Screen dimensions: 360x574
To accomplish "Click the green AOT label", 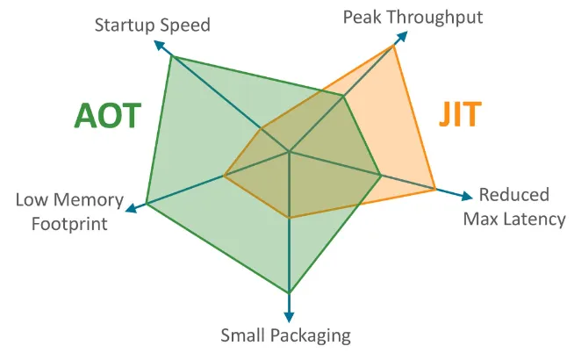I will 107,115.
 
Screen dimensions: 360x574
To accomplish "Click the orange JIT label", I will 461,115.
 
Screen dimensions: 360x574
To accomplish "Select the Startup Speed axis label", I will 152,25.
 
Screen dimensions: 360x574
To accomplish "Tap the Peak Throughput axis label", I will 413,17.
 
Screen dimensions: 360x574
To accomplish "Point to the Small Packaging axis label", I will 285,335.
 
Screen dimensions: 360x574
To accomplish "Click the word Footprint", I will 69,223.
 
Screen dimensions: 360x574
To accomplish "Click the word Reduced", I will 513,195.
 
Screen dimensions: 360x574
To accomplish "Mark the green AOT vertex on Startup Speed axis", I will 172,56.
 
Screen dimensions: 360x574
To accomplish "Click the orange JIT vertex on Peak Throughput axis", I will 394,46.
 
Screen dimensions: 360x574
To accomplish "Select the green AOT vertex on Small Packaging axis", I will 290,292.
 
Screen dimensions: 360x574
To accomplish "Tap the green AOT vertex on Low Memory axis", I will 146,204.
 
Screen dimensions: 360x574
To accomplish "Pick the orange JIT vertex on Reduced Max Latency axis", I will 436,188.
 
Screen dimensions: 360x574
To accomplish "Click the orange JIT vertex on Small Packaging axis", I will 290,217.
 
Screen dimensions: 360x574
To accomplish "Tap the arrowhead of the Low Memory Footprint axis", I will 130,209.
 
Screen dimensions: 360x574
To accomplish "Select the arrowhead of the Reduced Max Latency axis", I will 466,196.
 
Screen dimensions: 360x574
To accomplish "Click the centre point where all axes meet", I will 290,153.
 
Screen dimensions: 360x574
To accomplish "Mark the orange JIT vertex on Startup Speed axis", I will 262,128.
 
